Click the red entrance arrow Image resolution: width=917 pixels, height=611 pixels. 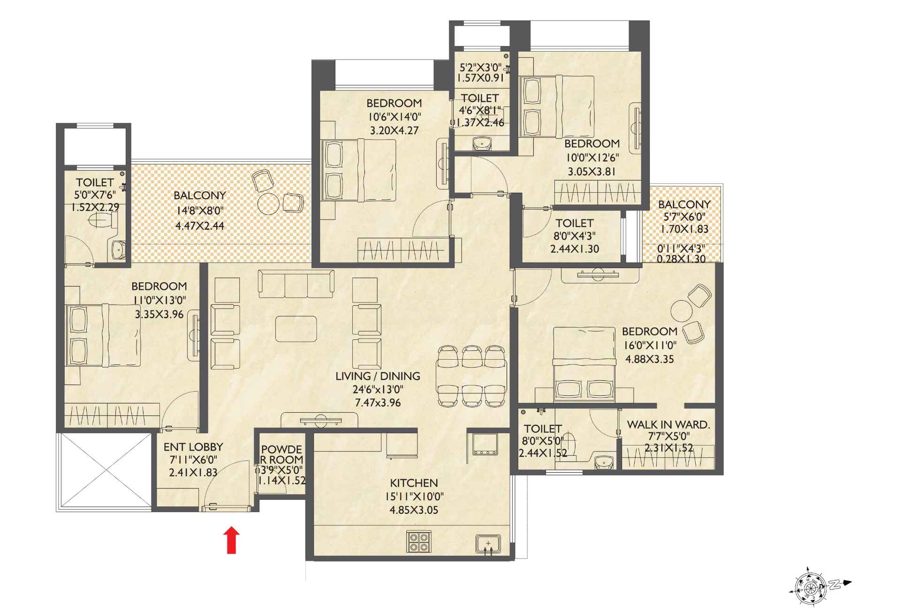click(231, 540)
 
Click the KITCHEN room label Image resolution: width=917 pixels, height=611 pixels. click(414, 483)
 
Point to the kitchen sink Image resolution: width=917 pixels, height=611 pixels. click(488, 544)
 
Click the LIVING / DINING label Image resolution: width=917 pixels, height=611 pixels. click(378, 376)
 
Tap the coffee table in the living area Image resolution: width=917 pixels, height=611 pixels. click(296, 329)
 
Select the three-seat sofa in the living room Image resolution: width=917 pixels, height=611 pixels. click(296, 283)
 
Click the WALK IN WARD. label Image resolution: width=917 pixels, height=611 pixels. click(668, 425)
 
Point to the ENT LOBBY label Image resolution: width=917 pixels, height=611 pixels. click(193, 447)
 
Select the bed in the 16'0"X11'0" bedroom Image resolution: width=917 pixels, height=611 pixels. click(584, 364)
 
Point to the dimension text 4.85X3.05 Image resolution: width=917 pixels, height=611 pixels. click(414, 510)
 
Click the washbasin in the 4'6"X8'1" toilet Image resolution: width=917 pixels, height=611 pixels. click(481, 143)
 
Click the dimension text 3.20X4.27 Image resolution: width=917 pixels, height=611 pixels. click(394, 131)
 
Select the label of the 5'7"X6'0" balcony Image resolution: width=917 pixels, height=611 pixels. click(684, 204)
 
